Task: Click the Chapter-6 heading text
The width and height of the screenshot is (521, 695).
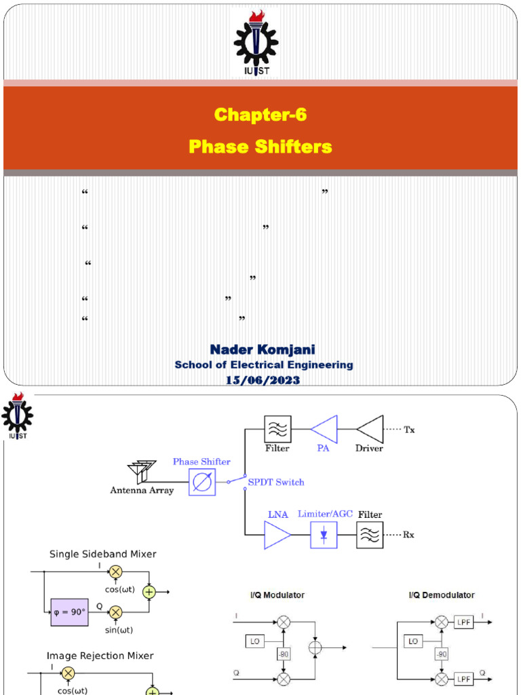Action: coord(260,115)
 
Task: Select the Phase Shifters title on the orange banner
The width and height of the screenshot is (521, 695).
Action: coord(260,147)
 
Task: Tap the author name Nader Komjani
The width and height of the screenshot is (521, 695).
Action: coord(263,350)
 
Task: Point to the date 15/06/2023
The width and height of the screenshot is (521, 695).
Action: coord(263,380)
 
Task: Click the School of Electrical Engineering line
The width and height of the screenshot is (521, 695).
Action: coord(264,365)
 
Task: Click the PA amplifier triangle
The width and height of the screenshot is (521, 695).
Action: coord(324,429)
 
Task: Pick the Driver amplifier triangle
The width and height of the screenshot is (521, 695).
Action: coord(370,429)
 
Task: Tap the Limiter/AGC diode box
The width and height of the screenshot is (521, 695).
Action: coord(324,535)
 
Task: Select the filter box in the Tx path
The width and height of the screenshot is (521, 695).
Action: coord(277,429)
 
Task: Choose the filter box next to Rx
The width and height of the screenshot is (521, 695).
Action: coord(370,535)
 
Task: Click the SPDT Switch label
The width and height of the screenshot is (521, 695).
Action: coord(276,483)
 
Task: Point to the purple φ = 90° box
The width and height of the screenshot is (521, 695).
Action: coord(70,612)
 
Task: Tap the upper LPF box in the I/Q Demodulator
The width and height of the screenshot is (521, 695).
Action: coord(464,621)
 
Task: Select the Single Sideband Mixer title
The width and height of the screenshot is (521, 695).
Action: coord(103,554)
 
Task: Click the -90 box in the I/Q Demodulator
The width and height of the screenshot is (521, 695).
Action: coord(442,654)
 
